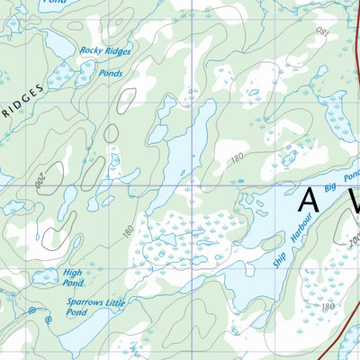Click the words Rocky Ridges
click(105, 51)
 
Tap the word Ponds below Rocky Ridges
click(111, 73)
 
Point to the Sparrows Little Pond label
click(89, 307)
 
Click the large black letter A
click(310, 200)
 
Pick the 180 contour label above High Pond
click(128, 231)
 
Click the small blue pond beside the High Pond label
click(42, 277)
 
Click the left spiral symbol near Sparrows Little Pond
click(32, 310)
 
